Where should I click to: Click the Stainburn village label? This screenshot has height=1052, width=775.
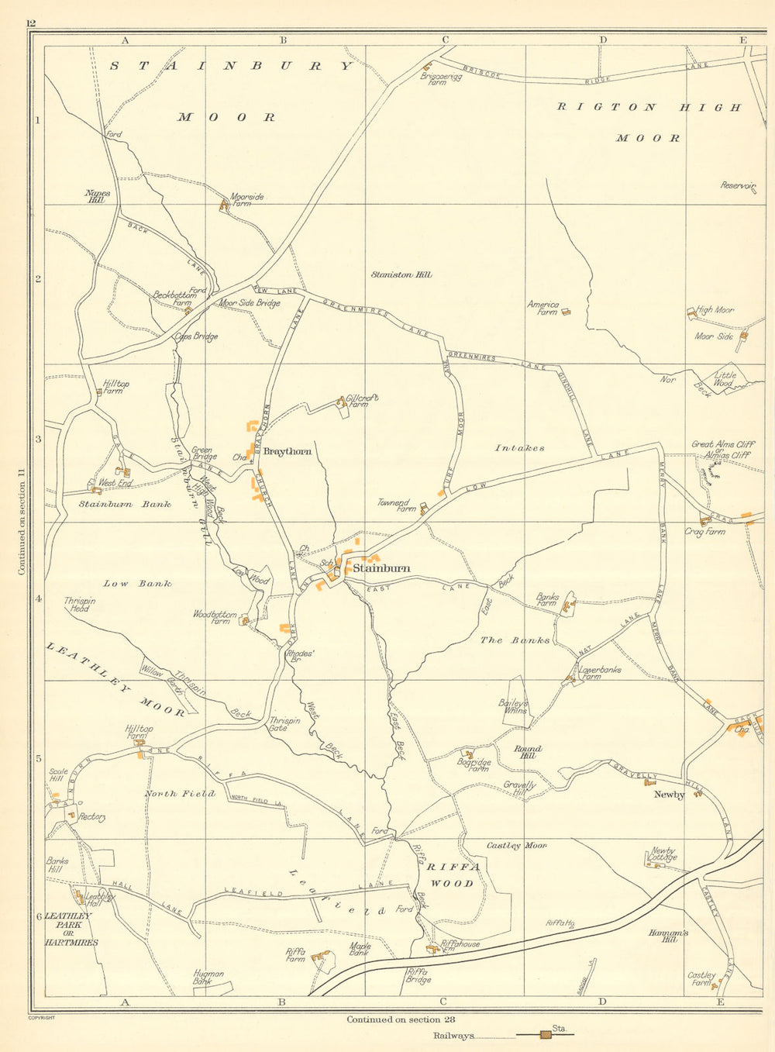pyautogui.click(x=381, y=568)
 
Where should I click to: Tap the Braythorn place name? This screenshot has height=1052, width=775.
pyautogui.click(x=287, y=451)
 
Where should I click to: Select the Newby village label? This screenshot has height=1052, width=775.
pyautogui.click(x=669, y=795)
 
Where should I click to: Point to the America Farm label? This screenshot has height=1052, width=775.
pyautogui.click(x=542, y=309)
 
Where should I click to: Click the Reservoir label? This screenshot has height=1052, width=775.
pyautogui.click(x=738, y=186)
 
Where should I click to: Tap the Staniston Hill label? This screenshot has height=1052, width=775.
pyautogui.click(x=401, y=274)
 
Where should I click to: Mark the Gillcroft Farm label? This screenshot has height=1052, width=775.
pyautogui.click(x=361, y=401)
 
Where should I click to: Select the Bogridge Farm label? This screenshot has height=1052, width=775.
pyautogui.click(x=473, y=765)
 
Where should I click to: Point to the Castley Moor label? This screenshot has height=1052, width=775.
pyautogui.click(x=516, y=845)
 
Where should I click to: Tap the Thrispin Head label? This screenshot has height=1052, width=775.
pyautogui.click(x=80, y=605)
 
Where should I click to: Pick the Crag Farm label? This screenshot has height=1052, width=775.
pyautogui.click(x=704, y=533)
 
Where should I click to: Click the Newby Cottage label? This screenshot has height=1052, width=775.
pyautogui.click(x=663, y=854)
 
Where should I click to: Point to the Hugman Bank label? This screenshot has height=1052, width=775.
pyautogui.click(x=208, y=978)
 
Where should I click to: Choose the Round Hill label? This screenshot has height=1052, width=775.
pyautogui.click(x=528, y=753)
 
